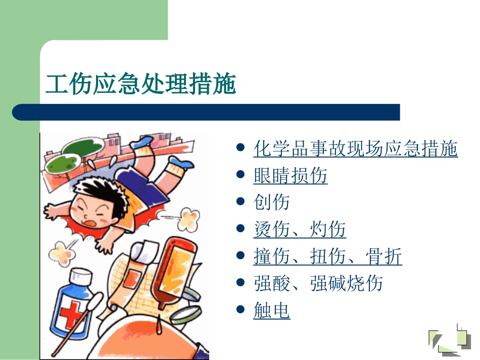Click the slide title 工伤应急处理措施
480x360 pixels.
coord(141,84)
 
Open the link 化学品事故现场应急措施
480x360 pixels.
coord(355,149)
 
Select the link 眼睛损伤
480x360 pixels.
coord(290,176)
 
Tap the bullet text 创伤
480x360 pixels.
coord(271,202)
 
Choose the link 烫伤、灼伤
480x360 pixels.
coord(299,230)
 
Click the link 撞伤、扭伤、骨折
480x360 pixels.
coord(327,256)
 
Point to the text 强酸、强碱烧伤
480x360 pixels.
coord(318,283)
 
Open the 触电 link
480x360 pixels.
coord(271,311)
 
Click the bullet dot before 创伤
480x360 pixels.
coord(241,202)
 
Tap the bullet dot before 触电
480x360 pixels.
coord(241,311)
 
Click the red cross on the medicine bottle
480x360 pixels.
coord(71,314)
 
